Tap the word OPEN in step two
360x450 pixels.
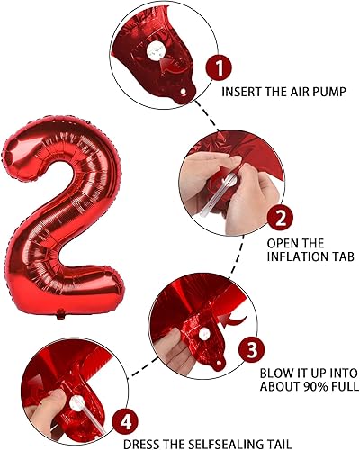pos(281,243)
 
